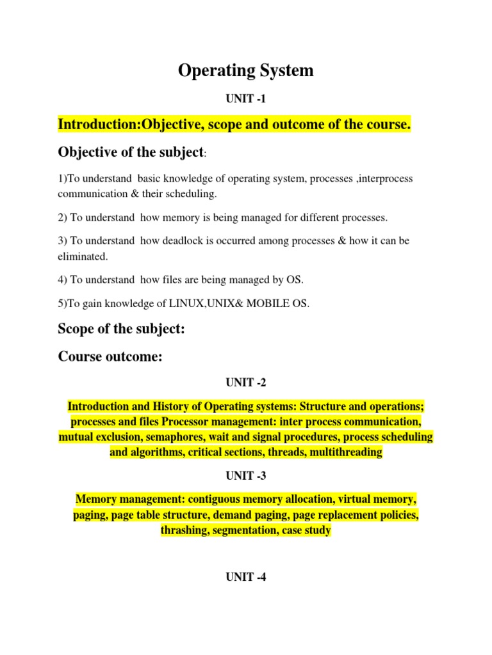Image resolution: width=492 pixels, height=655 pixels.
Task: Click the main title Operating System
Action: [x=246, y=70]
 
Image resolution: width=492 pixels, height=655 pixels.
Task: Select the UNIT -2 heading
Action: [x=245, y=383]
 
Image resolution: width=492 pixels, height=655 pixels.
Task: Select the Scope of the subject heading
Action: [x=121, y=329]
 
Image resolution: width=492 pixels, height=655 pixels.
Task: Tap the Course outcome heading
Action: [x=110, y=356]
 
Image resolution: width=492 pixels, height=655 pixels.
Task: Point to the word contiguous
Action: [x=211, y=499]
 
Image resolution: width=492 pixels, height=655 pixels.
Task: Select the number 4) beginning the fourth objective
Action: [x=63, y=280]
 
